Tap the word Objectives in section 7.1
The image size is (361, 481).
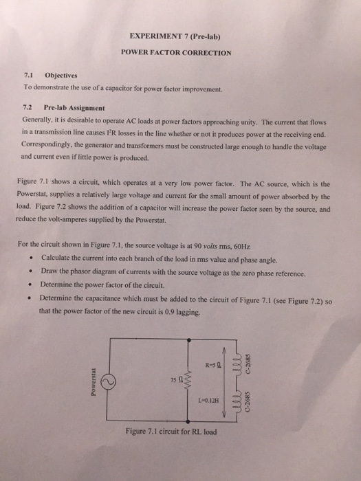pyautogui.click(x=61, y=76)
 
